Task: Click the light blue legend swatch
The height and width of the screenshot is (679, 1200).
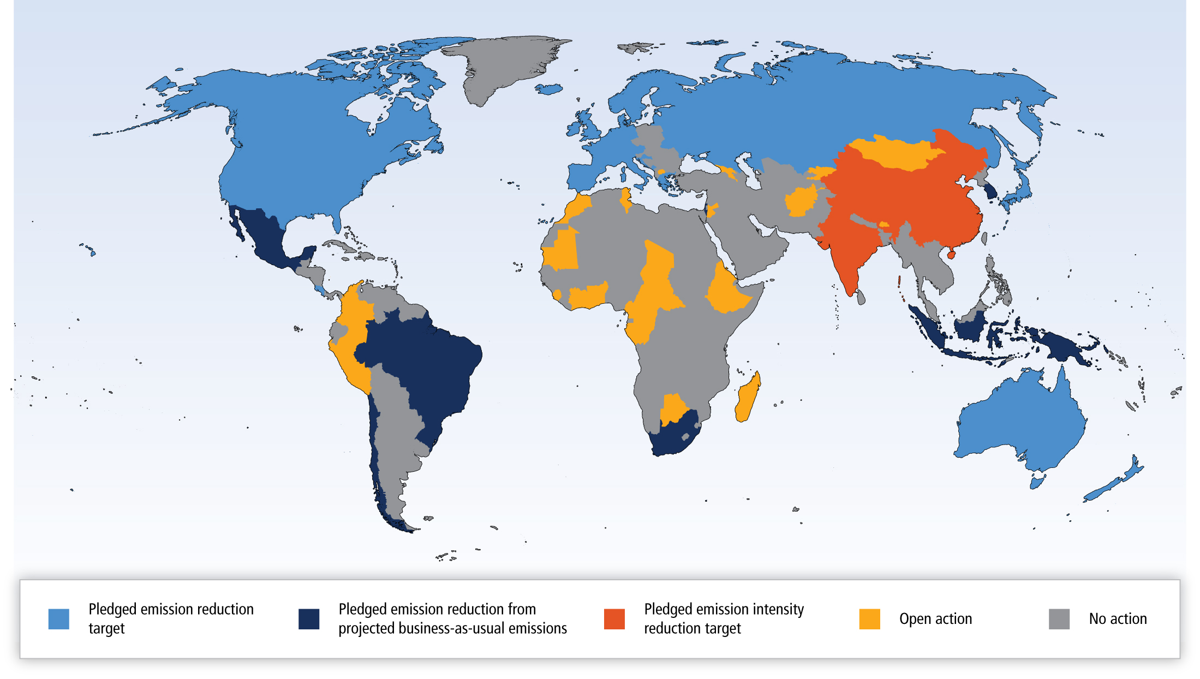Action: click(58, 619)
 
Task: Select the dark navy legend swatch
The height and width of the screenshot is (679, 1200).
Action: click(309, 619)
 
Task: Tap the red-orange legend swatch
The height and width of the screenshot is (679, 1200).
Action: click(614, 619)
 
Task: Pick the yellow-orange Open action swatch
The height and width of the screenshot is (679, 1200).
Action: click(869, 619)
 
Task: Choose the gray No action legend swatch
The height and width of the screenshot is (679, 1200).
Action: click(1059, 619)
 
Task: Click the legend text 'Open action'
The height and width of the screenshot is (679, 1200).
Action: click(935, 619)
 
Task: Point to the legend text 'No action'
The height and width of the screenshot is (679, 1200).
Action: click(1118, 619)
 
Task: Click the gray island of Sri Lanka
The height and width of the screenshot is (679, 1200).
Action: click(861, 298)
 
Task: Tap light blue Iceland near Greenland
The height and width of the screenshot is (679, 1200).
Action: click(548, 88)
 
